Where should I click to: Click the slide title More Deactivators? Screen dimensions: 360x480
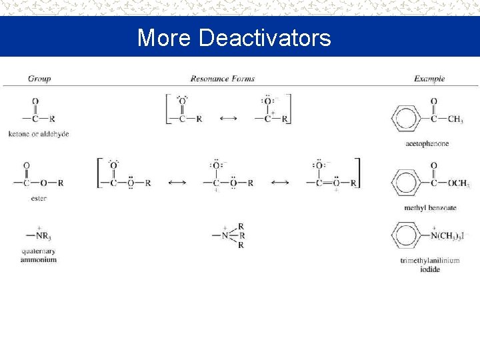234,37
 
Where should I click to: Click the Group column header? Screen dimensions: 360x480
39,79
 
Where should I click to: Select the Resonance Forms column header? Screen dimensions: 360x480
222,79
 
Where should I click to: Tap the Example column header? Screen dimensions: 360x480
429,79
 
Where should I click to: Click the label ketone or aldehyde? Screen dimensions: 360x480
39,134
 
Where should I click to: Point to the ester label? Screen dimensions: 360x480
39,199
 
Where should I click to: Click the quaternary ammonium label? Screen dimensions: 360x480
39,255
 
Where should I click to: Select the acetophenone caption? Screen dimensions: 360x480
427,143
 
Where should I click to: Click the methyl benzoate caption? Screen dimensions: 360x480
430,208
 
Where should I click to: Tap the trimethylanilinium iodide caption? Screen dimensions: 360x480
430,265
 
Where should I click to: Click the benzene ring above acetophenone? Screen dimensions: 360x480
407,119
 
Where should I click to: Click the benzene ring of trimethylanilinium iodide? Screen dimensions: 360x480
407,235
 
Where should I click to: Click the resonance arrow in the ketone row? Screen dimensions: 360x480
228,119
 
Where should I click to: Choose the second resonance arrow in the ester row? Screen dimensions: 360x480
280,183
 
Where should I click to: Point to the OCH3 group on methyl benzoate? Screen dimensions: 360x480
459,183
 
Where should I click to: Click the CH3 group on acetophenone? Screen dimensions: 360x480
455,119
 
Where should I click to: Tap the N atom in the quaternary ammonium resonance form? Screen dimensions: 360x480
225,235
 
